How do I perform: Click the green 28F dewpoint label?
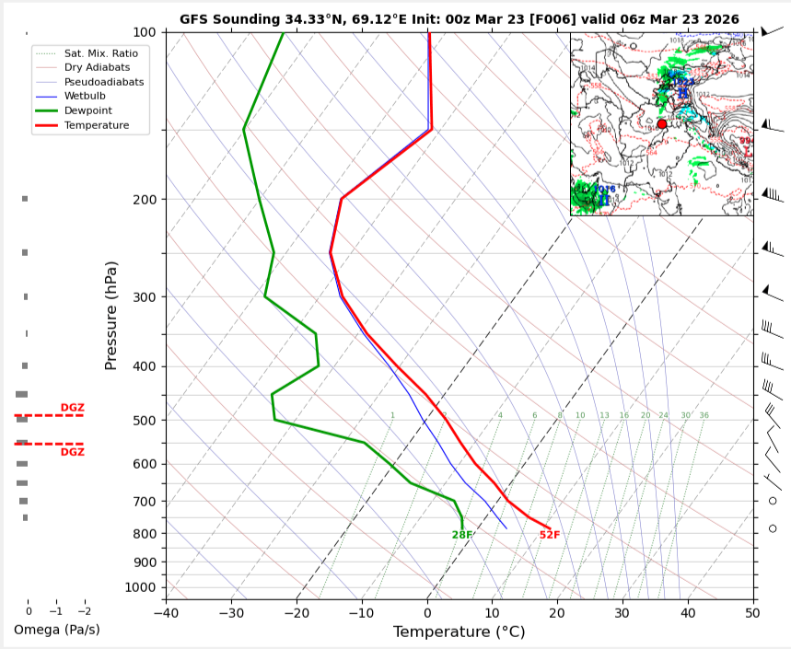pyautogui.click(x=462, y=535)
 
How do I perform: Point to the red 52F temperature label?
pyautogui.click(x=550, y=535)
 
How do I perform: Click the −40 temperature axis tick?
pyautogui.click(x=166, y=611)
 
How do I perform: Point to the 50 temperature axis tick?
pyautogui.click(x=752, y=611)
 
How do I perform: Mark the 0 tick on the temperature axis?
pyautogui.click(x=427, y=611)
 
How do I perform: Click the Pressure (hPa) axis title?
pyautogui.click(x=111, y=316)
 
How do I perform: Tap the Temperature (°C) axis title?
pyautogui.click(x=459, y=632)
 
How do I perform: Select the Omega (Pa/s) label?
pyautogui.click(x=56, y=630)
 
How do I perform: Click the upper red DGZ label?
pyautogui.click(x=72, y=407)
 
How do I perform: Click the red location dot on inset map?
pyautogui.click(x=661, y=123)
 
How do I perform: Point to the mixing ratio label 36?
pyautogui.click(x=704, y=415)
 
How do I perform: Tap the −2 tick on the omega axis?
pyautogui.click(x=84, y=611)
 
